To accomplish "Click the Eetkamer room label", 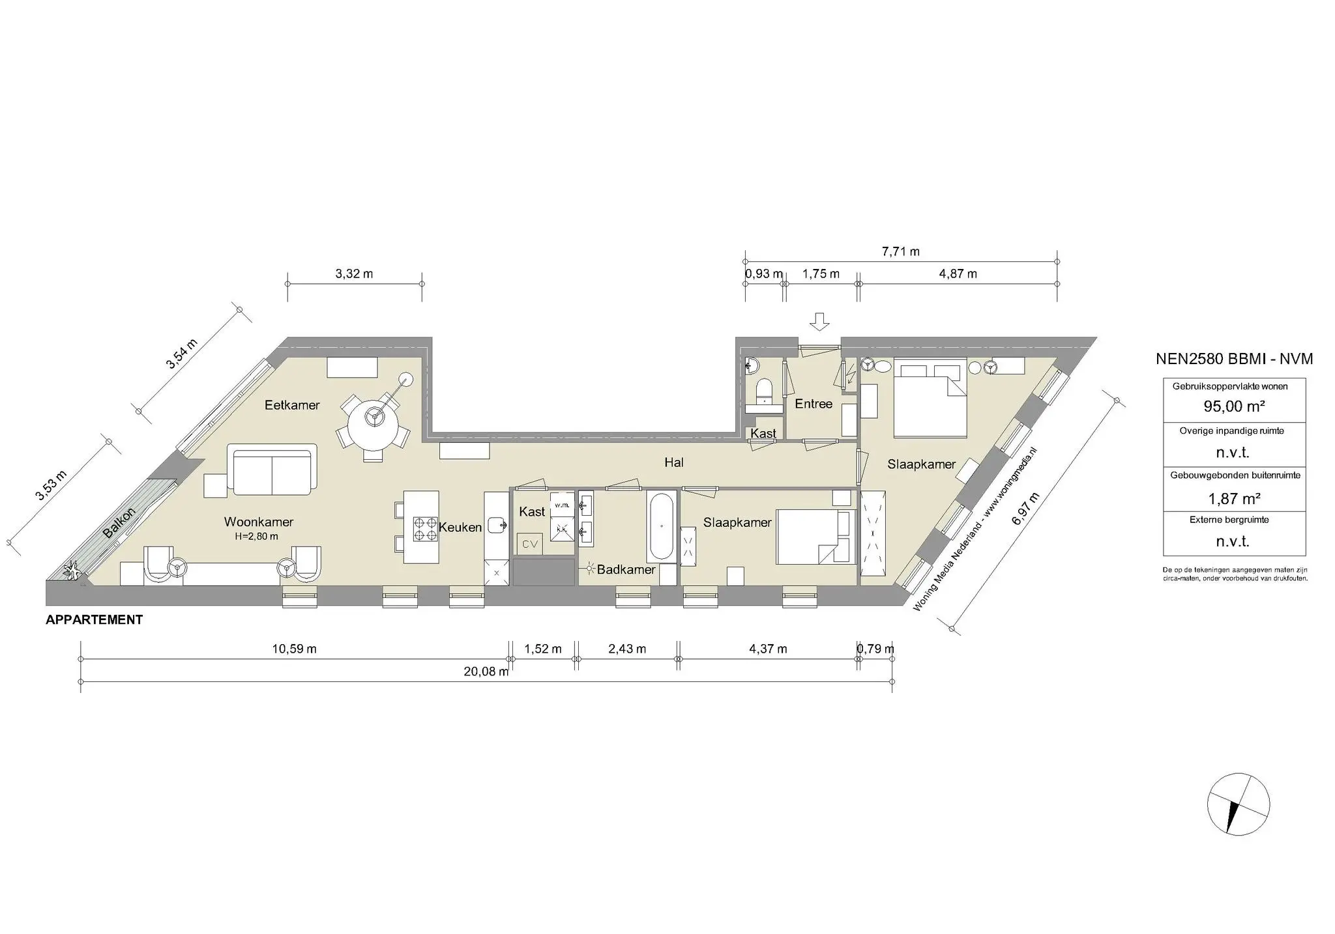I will click(292, 405).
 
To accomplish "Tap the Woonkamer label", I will click(259, 522).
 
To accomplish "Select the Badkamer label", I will click(626, 570).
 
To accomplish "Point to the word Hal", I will click(674, 462).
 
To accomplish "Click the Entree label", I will click(814, 404).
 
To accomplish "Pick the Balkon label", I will click(119, 522).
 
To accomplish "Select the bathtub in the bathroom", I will click(661, 527).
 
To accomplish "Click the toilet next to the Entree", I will click(764, 393).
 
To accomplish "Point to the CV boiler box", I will click(529, 544).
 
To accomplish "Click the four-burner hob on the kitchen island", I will click(424, 528).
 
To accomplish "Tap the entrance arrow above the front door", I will click(819, 321).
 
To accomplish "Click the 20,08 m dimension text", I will click(486, 672).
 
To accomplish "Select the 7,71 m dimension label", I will click(900, 251).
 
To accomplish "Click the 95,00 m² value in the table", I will click(1234, 406).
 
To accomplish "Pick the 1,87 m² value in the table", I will click(1234, 499).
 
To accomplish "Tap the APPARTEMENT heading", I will click(95, 620).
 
